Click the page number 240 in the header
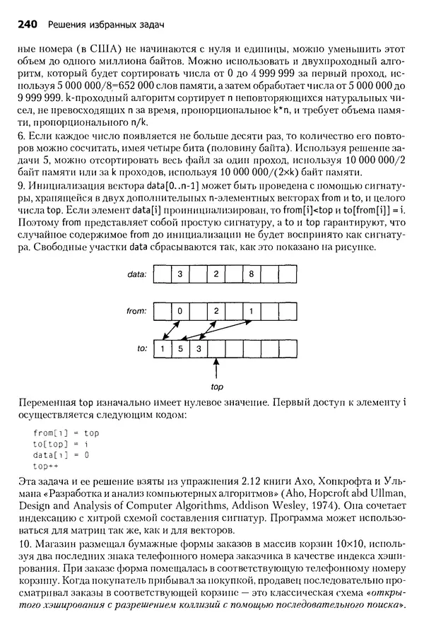(x=27, y=25)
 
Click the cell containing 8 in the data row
(x=251, y=272)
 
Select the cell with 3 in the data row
(x=180, y=272)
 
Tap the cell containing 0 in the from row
(x=180, y=310)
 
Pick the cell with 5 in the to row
(x=180, y=348)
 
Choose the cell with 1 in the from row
(x=251, y=310)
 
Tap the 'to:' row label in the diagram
(x=141, y=348)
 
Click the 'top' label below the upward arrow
(x=217, y=387)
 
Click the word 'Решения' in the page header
(x=69, y=25)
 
